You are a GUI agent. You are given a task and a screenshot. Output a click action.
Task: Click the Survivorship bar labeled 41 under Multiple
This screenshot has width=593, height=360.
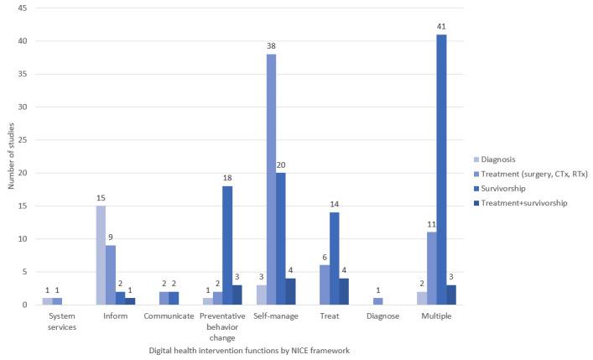point(441,170)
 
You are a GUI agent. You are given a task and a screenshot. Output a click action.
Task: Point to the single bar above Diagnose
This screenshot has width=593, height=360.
point(377,301)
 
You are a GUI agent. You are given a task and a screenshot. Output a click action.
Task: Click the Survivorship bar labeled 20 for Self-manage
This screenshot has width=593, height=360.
point(281,238)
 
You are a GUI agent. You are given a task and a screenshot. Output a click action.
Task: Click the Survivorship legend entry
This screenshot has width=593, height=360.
point(510,188)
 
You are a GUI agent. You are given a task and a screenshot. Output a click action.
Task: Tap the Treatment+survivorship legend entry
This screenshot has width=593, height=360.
point(528,203)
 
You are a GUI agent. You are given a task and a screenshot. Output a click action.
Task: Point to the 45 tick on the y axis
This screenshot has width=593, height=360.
point(22,8)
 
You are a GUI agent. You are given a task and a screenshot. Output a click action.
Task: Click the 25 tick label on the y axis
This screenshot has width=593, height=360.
point(22,140)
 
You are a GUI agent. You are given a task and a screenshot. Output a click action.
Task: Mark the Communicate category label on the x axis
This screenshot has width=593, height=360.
point(164,318)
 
